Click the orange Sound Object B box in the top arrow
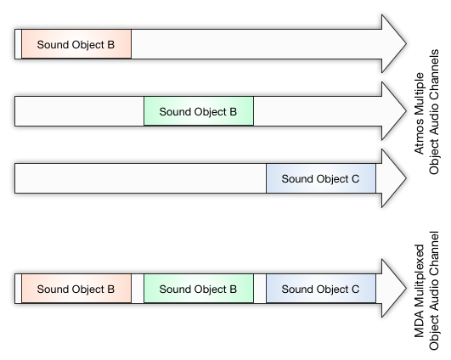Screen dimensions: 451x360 pyautogui.click(x=76, y=44)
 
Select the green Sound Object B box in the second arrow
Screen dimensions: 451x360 pyautogui.click(x=199, y=111)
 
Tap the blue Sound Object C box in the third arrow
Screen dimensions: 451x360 pyautogui.click(x=321, y=178)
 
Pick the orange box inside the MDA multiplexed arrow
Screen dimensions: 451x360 pyautogui.click(x=76, y=289)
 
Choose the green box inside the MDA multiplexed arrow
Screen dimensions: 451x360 pyautogui.click(x=199, y=289)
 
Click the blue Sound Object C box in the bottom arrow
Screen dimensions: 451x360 pyautogui.click(x=321, y=289)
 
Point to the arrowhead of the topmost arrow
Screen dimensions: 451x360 pyautogui.click(x=394, y=43)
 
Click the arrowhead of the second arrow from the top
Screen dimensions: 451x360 pyautogui.click(x=394, y=111)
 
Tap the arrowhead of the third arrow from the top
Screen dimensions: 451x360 pyautogui.click(x=394, y=178)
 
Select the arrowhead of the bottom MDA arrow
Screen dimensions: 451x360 pyautogui.click(x=394, y=289)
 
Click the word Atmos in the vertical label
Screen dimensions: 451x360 pyautogui.click(x=419, y=141)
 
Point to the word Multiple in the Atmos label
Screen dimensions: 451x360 pyautogui.click(x=419, y=98)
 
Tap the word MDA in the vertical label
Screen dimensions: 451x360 pyautogui.click(x=419, y=325)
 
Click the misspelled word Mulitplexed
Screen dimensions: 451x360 pyautogui.click(x=419, y=277)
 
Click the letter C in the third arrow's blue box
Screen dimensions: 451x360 pyautogui.click(x=356, y=179)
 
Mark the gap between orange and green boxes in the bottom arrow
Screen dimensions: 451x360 pyautogui.click(x=138, y=289)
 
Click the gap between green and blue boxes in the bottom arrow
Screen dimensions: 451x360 pyautogui.click(x=260, y=289)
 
